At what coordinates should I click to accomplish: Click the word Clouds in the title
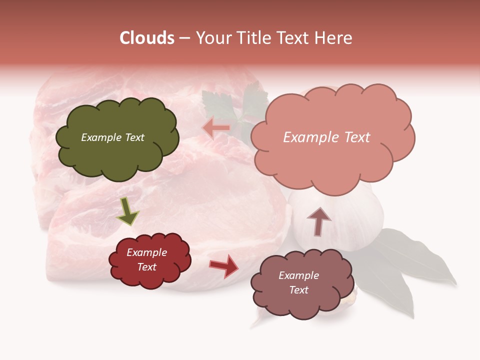click(147, 38)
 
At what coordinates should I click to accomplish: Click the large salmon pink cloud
click(332, 137)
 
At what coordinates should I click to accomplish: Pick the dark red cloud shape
click(149, 259)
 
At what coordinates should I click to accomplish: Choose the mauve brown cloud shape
click(298, 282)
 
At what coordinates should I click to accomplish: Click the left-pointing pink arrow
click(216, 128)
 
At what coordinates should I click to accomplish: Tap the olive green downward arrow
click(127, 210)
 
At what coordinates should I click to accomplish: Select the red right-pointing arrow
click(224, 265)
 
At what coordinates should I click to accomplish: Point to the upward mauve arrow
click(318, 220)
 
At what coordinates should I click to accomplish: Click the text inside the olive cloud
click(112, 137)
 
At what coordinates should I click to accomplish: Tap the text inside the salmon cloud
click(326, 137)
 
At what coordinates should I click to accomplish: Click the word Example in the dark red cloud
click(146, 252)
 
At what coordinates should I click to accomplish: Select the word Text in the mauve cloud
click(298, 290)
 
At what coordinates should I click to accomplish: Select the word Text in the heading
click(291, 38)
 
